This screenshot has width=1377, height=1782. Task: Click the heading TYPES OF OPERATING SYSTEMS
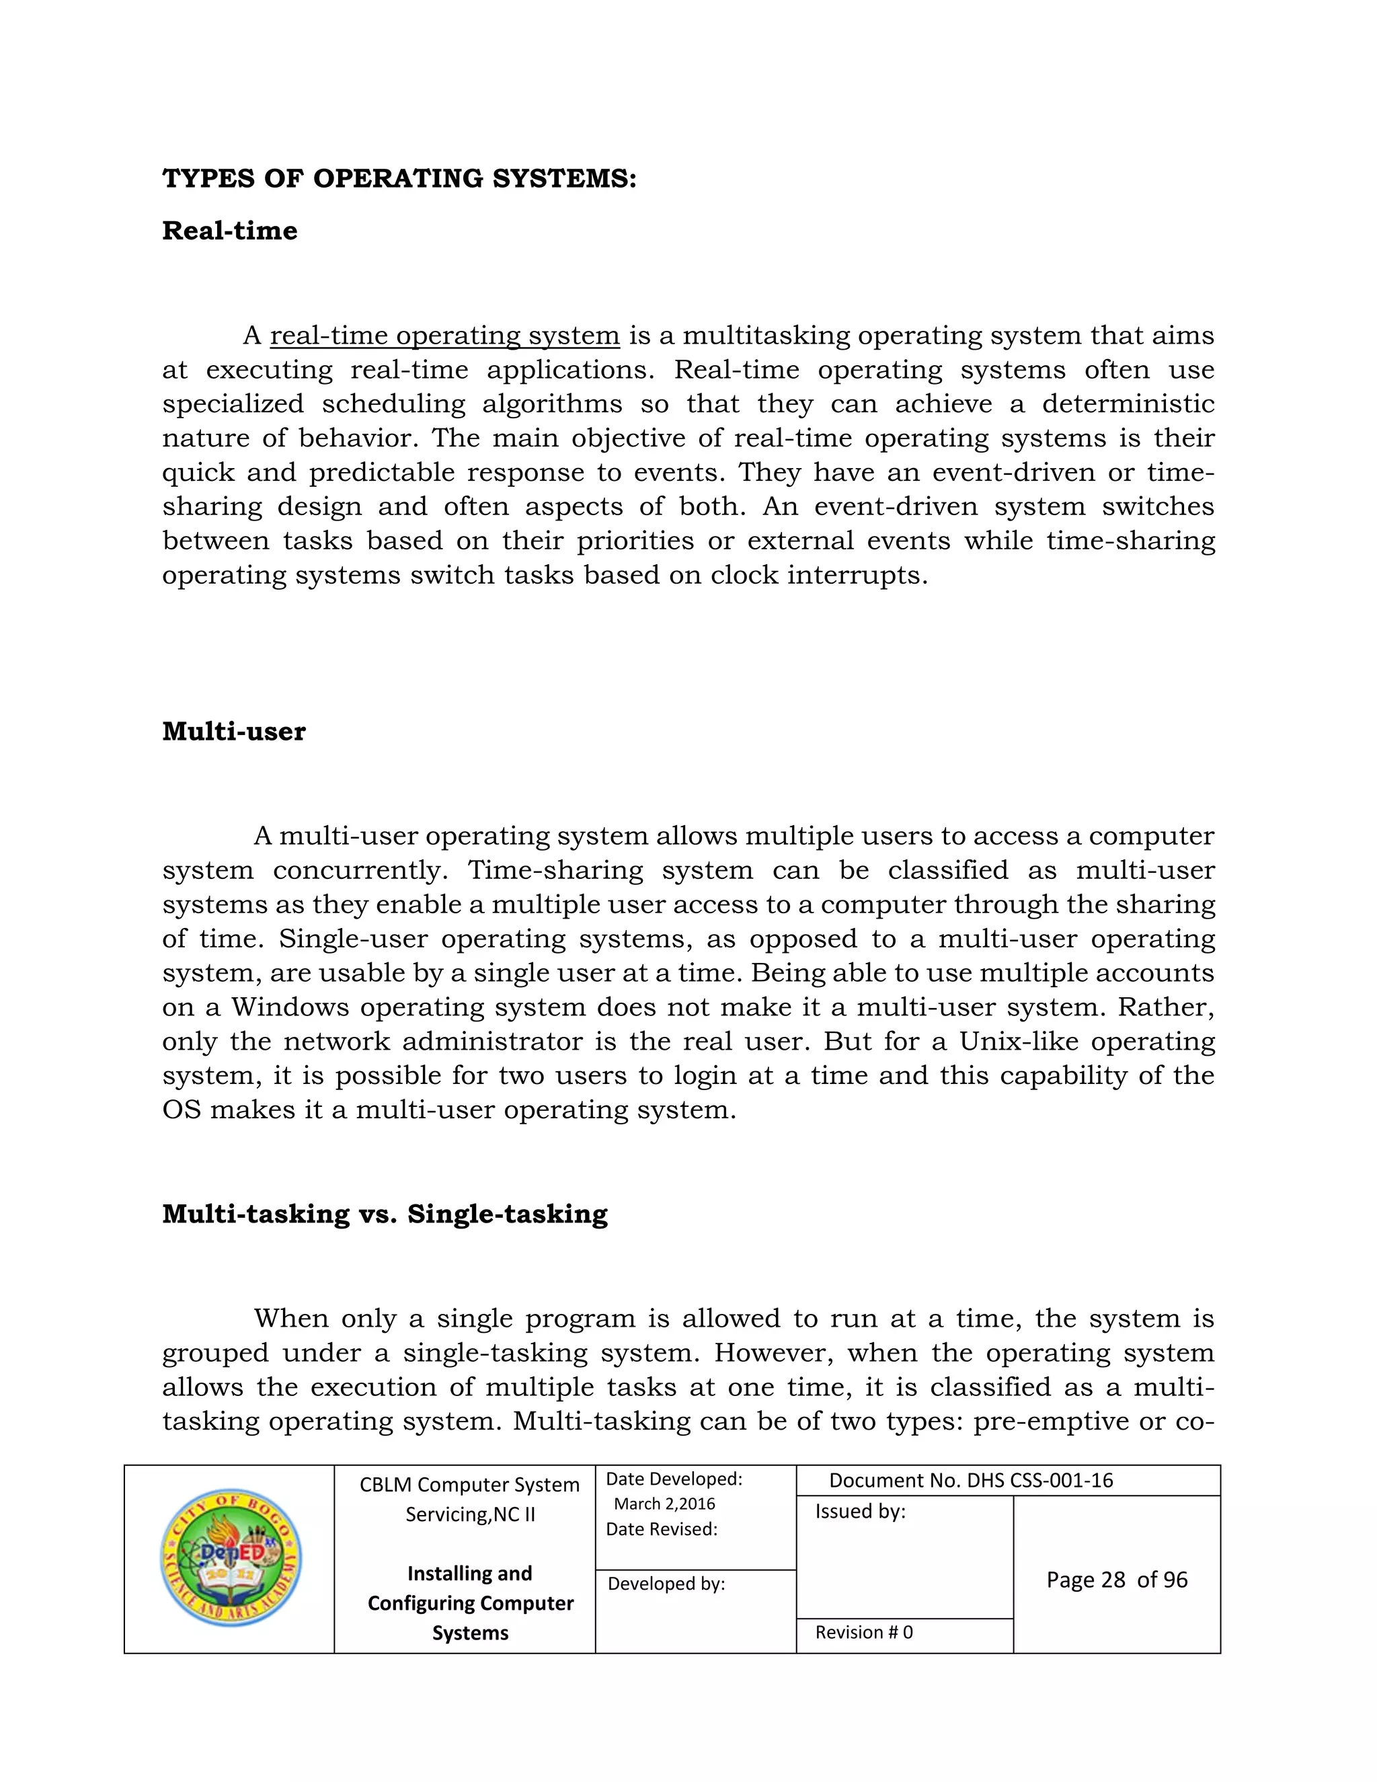399,179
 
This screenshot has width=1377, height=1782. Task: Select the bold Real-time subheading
229,231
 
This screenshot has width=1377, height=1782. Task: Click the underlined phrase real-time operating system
444,336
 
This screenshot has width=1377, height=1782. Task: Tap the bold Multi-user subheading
233,731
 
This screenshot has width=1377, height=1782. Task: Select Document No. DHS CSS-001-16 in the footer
971,1480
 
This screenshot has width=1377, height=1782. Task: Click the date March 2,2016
664,1504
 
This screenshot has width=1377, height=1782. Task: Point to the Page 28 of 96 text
1117,1580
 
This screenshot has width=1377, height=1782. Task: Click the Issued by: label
861,1511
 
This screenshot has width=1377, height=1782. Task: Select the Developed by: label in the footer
666,1584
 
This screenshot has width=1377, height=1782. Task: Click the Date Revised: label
662,1529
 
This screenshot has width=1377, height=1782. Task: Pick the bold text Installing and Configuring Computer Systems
470,1602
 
